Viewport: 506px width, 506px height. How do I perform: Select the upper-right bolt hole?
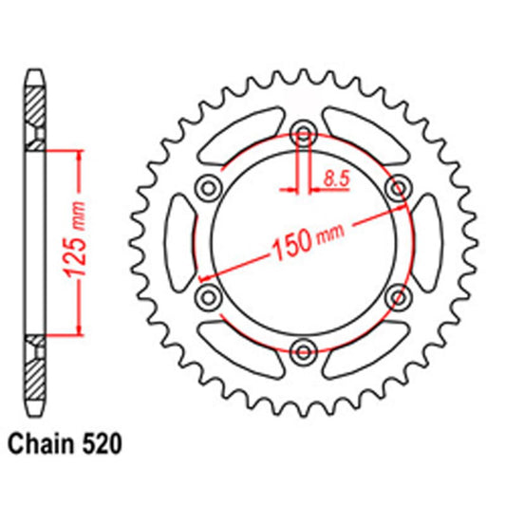(x=398, y=185)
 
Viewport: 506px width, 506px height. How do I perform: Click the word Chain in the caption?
(x=39, y=442)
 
